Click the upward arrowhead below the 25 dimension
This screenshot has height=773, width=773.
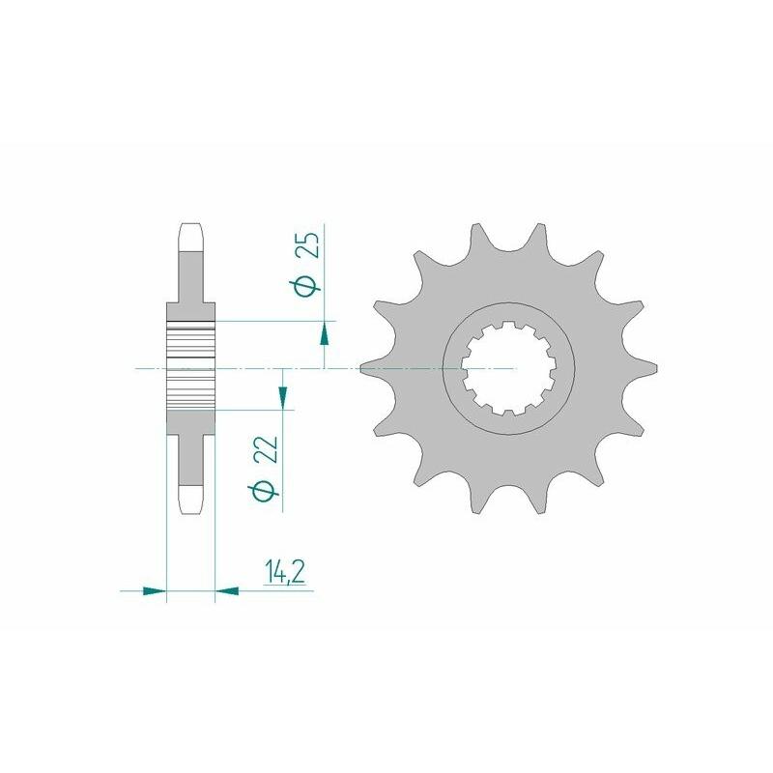324,333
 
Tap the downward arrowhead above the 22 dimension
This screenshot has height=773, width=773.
282,394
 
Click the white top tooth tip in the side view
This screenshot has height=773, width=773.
190,237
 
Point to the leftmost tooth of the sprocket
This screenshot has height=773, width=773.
368,368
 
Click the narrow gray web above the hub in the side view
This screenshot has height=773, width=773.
190,285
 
